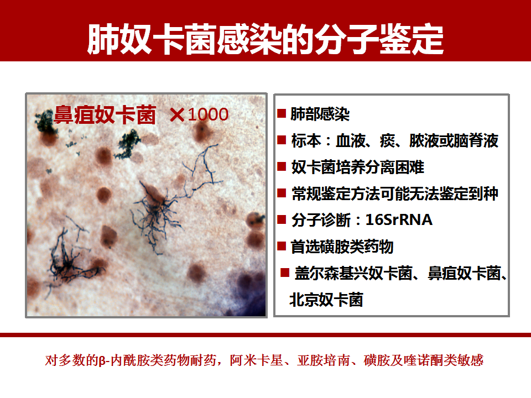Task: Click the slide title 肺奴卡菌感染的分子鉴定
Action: coord(265,39)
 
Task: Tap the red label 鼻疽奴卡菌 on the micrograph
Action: coord(105,115)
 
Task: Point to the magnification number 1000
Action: coord(208,115)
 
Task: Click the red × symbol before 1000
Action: coord(177,115)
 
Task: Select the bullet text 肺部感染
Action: coord(320,114)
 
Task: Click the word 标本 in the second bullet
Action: coord(306,141)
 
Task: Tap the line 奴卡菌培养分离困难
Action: coord(357,167)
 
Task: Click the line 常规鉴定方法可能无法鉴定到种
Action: coord(394,193)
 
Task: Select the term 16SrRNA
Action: coord(399,220)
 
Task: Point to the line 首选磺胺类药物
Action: coord(342,247)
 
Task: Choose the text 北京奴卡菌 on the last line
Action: coord(326,300)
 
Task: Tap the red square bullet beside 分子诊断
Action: coord(282,219)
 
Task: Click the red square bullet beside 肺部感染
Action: coord(282,113)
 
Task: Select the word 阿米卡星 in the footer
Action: coord(256,360)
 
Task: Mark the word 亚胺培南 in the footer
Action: coord(324,360)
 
